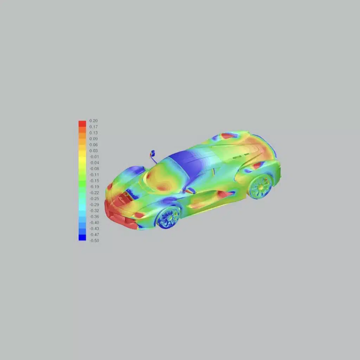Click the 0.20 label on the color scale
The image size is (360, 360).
[94, 121]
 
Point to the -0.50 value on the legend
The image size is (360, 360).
[94, 240]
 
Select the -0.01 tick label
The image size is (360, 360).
[94, 157]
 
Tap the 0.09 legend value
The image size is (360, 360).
[94, 139]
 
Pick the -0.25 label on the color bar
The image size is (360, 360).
[94, 199]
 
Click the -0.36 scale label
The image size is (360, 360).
[94, 217]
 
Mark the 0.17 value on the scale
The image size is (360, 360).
[94, 127]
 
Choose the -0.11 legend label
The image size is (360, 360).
[94, 175]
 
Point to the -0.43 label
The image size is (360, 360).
[94, 229]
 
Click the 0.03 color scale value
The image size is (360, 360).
[94, 151]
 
